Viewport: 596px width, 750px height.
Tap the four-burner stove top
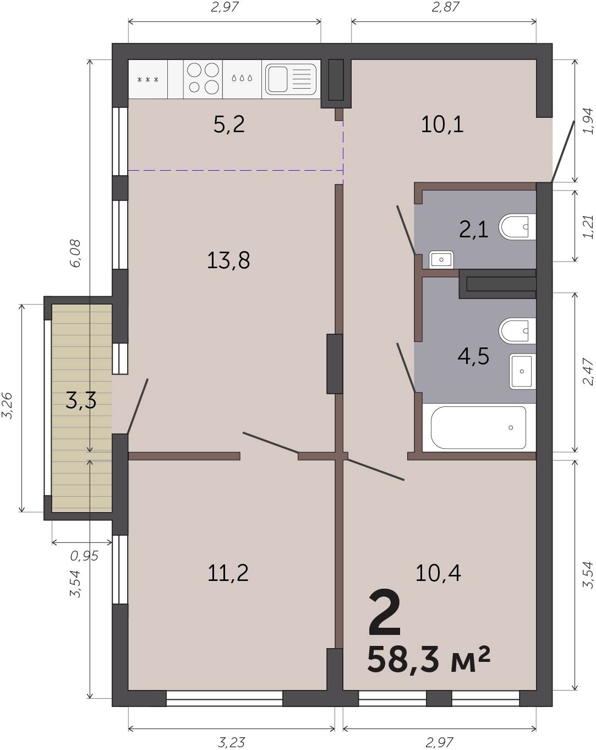click(x=203, y=79)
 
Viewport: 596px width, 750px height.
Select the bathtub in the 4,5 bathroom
click(x=478, y=428)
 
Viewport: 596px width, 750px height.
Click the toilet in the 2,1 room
click(x=517, y=226)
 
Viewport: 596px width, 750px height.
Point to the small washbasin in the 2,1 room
click(x=441, y=260)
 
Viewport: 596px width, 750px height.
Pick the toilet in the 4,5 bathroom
click(x=517, y=331)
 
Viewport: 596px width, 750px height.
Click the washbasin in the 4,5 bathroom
click(x=522, y=371)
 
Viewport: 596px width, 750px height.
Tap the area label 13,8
click(x=228, y=260)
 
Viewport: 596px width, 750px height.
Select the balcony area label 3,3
click(x=81, y=400)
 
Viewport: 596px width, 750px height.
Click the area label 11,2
click(x=228, y=573)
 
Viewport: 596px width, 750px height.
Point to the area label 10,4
click(x=438, y=573)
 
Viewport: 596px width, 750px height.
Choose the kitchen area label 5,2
click(x=229, y=124)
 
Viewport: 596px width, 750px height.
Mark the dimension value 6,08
click(x=75, y=253)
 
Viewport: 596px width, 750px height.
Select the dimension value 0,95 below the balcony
click(x=84, y=556)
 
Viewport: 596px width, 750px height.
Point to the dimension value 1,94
click(x=588, y=121)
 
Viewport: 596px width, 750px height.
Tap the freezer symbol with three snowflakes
click(x=148, y=79)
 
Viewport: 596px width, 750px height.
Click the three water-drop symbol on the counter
click(x=242, y=78)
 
